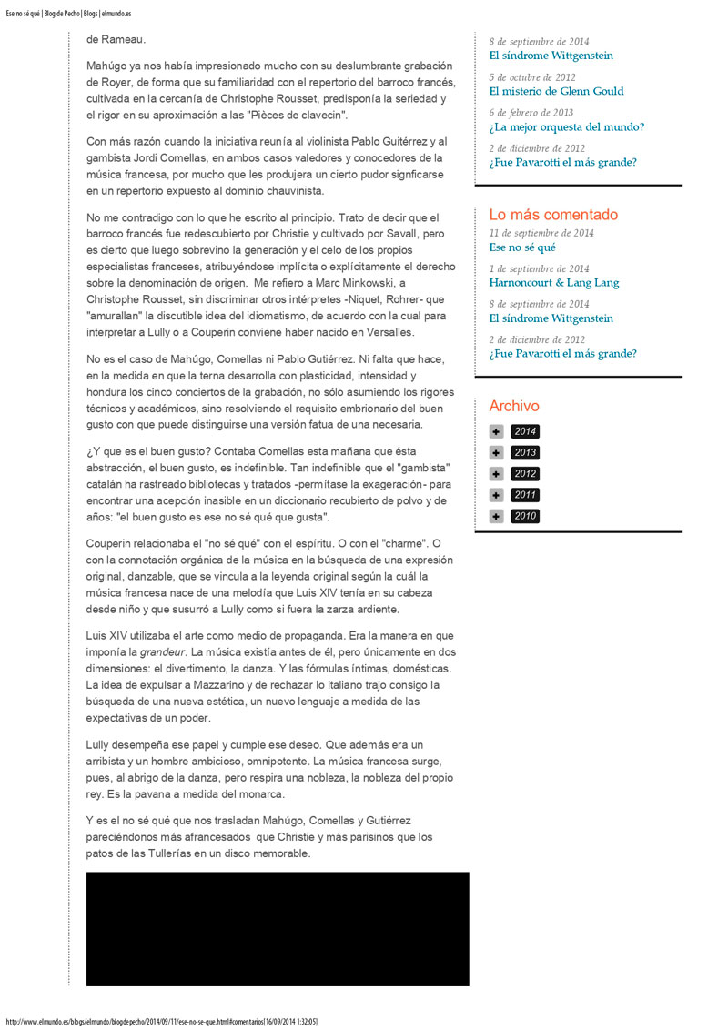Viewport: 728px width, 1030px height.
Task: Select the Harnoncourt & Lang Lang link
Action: point(553,282)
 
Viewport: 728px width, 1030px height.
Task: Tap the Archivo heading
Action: point(514,406)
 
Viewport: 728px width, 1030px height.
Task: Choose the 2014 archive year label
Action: point(525,431)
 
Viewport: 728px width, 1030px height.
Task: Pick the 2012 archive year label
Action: point(525,474)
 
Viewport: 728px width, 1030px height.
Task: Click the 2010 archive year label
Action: point(525,516)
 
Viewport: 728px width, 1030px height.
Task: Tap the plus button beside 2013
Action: point(496,452)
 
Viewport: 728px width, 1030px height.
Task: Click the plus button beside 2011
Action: point(496,495)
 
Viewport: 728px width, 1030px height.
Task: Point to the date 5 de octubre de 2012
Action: point(532,77)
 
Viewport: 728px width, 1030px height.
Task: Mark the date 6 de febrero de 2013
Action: point(531,113)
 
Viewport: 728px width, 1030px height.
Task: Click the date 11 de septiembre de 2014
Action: point(541,233)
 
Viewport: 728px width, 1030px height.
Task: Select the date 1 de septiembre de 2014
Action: point(539,268)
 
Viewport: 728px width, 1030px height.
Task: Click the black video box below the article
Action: point(278,929)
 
